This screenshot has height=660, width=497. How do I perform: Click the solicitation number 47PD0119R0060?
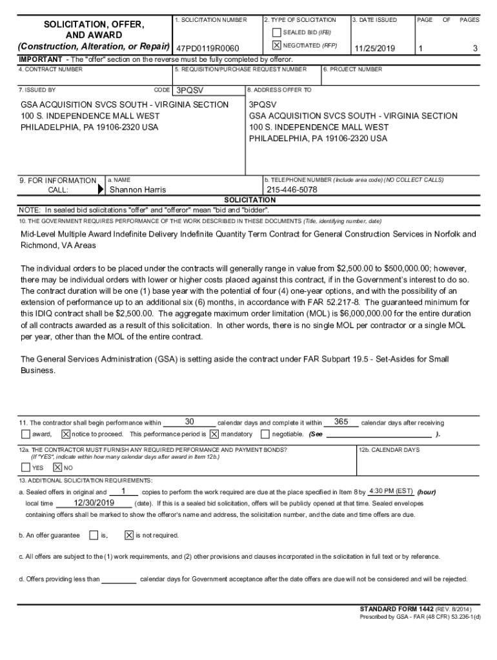pyautogui.click(x=207, y=49)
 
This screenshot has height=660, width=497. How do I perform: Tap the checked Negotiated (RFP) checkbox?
pyautogui.click(x=276, y=46)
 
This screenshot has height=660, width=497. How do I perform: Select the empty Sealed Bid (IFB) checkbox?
pyautogui.click(x=276, y=32)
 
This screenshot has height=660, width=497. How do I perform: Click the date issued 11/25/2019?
pyautogui.click(x=374, y=49)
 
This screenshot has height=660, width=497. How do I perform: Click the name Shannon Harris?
pyautogui.click(x=137, y=189)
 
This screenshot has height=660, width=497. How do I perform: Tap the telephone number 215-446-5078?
pyautogui.click(x=292, y=189)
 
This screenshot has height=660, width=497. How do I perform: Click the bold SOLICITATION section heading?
pyautogui.click(x=249, y=200)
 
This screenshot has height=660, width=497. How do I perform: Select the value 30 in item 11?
pyautogui.click(x=189, y=422)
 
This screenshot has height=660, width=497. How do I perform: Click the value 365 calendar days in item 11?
pyautogui.click(x=341, y=422)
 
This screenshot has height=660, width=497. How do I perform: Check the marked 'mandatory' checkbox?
pyautogui.click(x=214, y=434)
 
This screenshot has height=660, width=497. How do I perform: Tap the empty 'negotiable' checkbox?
pyautogui.click(x=265, y=434)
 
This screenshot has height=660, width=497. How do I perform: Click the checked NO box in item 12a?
pyautogui.click(x=57, y=467)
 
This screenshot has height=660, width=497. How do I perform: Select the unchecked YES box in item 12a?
pyautogui.click(x=26, y=467)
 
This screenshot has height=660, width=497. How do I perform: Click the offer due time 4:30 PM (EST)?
pyautogui.click(x=391, y=491)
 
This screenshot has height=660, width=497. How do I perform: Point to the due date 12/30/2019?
pyautogui.click(x=94, y=503)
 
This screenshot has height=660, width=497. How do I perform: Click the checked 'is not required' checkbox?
pyautogui.click(x=128, y=535)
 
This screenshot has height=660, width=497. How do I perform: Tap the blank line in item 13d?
pyautogui.click(x=119, y=579)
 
